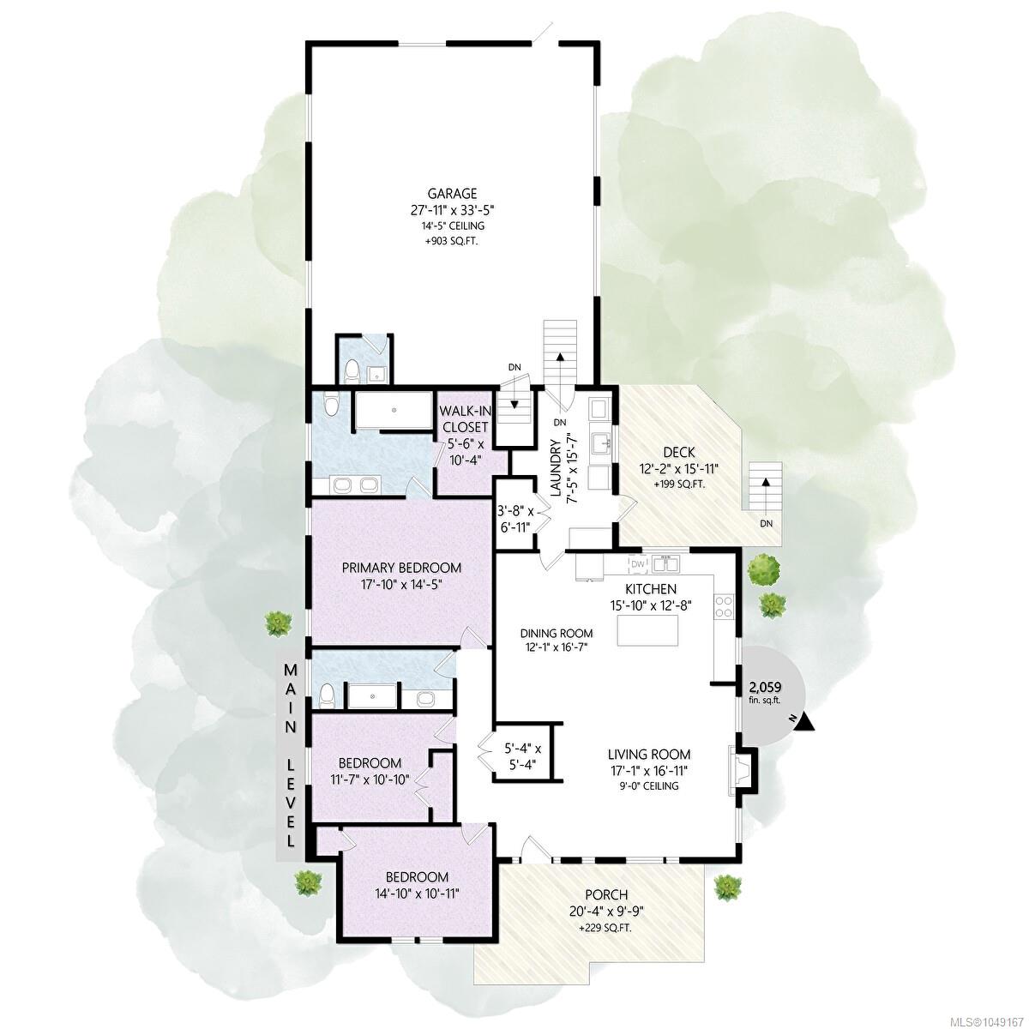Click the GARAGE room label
452,193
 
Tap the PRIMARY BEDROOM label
401,568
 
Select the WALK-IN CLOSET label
464,419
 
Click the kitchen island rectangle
647,631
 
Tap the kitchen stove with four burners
724,607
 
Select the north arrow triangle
806,723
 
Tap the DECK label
680,453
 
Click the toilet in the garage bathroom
352,371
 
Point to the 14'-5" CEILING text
452,226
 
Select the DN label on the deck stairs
767,523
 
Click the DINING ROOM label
557,634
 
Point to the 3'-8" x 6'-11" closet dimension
515,519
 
